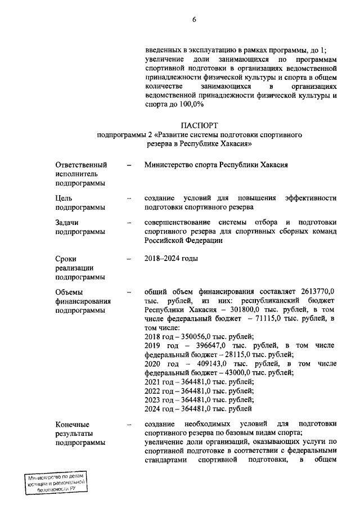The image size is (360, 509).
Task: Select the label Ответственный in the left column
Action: pyautogui.click(x=81, y=165)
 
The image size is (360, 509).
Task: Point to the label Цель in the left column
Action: pyautogui.click(x=64, y=198)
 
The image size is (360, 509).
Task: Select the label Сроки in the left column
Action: pyautogui.click(x=66, y=259)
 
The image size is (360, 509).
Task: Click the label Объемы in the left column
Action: pyautogui.click(x=69, y=291)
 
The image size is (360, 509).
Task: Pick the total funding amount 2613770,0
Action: pyautogui.click(x=314, y=291)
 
